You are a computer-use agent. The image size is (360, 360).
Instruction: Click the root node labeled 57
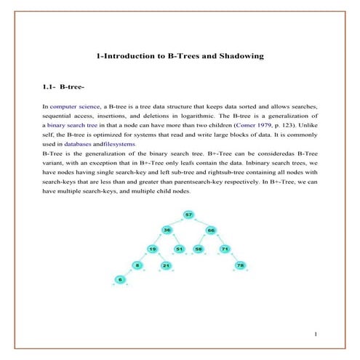tap(188, 215)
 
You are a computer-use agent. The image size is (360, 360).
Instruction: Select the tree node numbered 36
tap(167, 231)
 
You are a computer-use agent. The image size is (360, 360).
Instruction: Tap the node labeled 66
tap(211, 231)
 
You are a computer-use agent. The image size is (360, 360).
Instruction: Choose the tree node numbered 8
tap(136, 265)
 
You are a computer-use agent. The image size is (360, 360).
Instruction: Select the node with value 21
tap(166, 265)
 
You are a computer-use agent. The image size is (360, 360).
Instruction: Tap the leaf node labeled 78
tap(240, 265)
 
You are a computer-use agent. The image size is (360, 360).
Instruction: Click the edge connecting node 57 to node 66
tap(200, 223)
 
